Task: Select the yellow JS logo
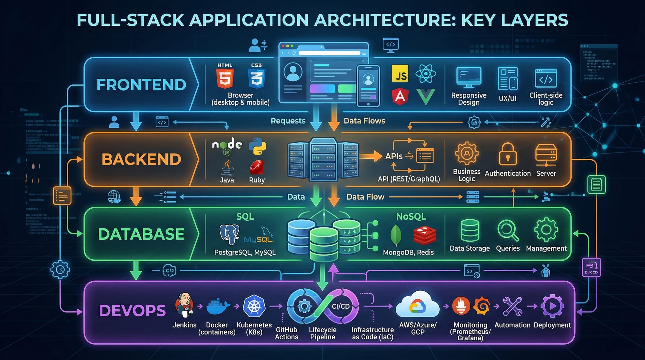point(400,74)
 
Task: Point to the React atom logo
point(426,74)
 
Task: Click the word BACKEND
point(141,159)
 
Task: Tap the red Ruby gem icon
point(257,167)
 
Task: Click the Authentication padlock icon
point(508,155)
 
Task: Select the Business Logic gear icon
point(467,154)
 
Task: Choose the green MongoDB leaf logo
point(396,235)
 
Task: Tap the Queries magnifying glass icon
point(508,230)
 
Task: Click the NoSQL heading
point(411,216)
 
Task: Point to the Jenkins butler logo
point(184,305)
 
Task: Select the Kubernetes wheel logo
point(254,306)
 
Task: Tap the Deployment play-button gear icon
point(552,306)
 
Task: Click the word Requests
point(288,121)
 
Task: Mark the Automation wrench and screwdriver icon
point(512,306)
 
